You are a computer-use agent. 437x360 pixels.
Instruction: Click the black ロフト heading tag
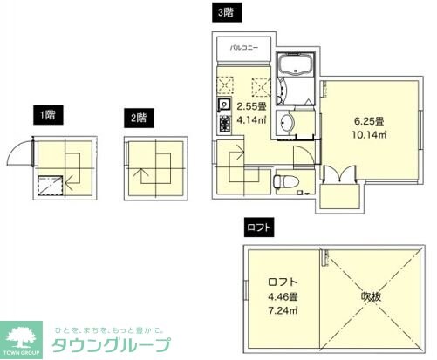click(259, 228)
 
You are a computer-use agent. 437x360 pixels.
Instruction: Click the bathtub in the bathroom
click(297, 68)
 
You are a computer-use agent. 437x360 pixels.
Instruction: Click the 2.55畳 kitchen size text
click(252, 108)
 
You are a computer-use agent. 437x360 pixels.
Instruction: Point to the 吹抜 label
click(372, 297)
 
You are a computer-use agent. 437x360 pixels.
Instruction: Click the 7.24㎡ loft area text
click(281, 309)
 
